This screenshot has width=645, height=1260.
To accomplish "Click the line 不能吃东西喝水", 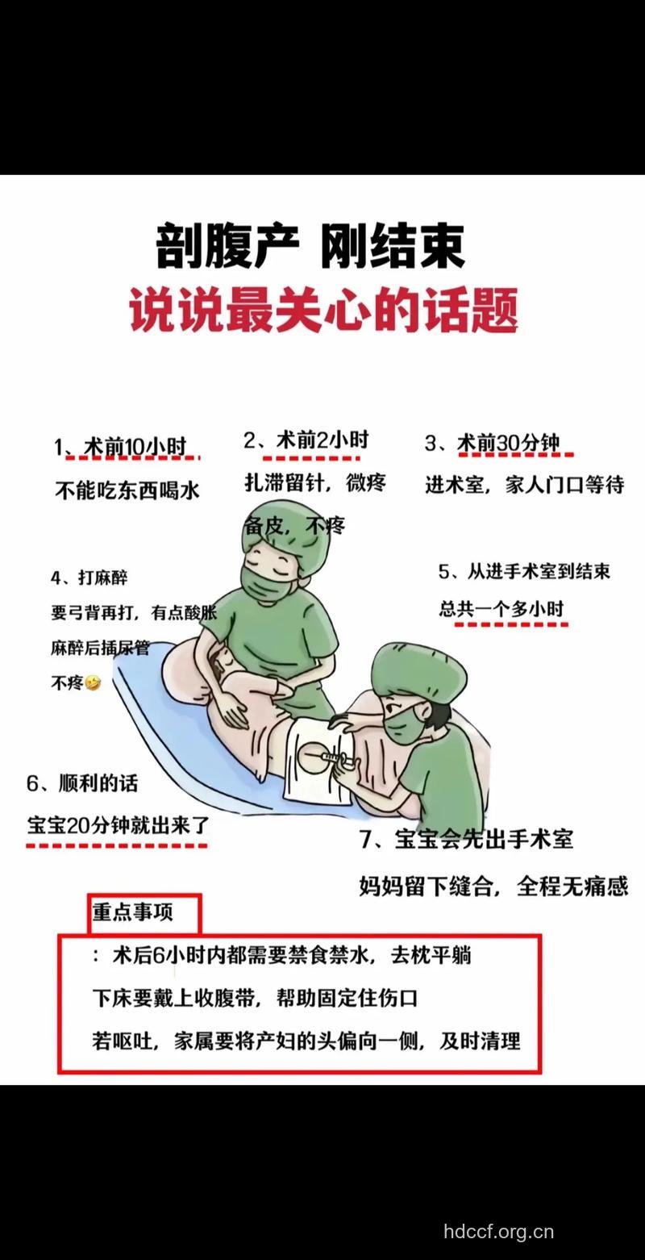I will [127, 490].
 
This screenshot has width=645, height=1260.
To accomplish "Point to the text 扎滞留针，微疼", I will [315, 482].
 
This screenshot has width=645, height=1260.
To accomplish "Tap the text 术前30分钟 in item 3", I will [508, 444].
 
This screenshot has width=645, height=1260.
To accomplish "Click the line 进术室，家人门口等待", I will [525, 485].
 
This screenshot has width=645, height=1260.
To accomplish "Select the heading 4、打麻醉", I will [89, 578].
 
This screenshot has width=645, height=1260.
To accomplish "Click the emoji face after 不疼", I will [94, 683].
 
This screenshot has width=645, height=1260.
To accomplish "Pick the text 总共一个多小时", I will [501, 609].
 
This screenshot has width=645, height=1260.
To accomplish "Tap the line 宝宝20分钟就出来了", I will [118, 825].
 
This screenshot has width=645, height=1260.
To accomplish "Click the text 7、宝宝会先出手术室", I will [466, 839].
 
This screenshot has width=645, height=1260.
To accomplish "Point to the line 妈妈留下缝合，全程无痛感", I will [493, 886].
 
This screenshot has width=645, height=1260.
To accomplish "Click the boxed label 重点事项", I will [132, 912].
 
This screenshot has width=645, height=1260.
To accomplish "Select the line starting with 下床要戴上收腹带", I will [255, 998].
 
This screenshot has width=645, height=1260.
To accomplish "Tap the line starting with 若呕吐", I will [306, 1041].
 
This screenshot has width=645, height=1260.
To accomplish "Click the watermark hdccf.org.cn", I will [498, 1232].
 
